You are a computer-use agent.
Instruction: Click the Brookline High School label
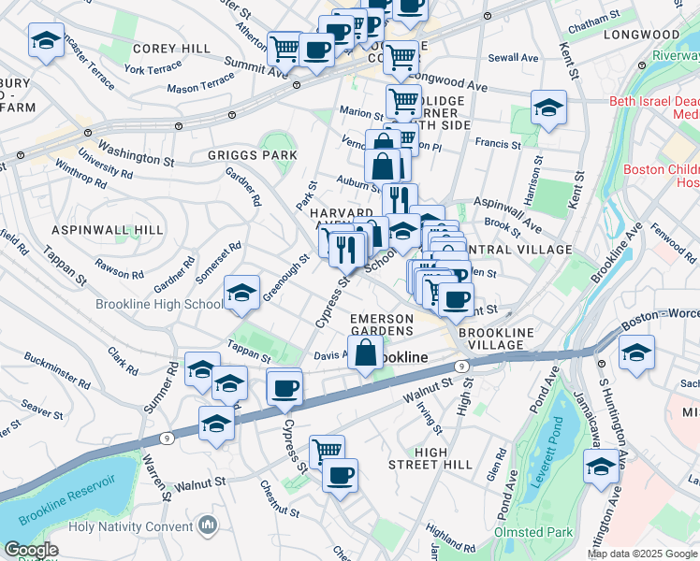tap(158, 305)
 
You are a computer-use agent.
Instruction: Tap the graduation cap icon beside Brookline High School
tap(241, 295)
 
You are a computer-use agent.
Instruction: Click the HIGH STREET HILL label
tap(444, 458)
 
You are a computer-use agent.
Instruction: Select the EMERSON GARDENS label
tap(382, 325)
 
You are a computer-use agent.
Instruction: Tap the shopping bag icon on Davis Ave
tap(366, 353)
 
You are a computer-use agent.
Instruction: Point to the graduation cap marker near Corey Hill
tap(46, 40)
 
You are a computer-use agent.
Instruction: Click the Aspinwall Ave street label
tap(507, 215)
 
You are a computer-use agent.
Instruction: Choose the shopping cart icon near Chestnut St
tap(327, 452)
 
